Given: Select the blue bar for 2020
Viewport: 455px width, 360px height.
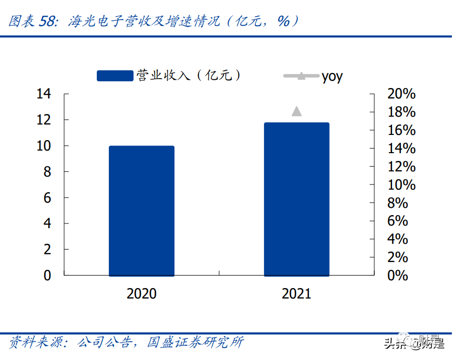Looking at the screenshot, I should (x=142, y=210).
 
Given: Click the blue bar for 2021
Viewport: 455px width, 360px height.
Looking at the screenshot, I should (x=297, y=199).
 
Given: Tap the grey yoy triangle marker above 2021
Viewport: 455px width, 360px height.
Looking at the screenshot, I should (x=297, y=111).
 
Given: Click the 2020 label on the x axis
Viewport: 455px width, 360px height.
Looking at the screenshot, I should (x=142, y=294).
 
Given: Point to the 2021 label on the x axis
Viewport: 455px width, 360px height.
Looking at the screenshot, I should (x=296, y=294).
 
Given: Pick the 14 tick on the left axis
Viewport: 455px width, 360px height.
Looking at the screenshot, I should (x=44, y=94).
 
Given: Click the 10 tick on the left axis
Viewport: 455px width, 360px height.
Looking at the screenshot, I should (x=44, y=146).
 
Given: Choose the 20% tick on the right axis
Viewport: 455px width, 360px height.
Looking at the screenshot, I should (x=401, y=94).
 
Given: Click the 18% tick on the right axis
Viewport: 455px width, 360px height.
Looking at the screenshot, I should (x=401, y=113).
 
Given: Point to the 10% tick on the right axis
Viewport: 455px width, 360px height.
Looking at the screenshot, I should (x=401, y=185).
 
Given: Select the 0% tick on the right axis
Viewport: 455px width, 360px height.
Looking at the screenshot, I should (x=398, y=275).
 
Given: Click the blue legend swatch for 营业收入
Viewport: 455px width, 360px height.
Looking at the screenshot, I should (x=115, y=76).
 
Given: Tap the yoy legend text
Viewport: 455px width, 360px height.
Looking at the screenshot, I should (x=332, y=77).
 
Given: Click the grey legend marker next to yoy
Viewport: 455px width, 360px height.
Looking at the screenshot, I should (x=301, y=76).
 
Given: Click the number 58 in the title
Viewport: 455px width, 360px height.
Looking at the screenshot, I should (x=48, y=21).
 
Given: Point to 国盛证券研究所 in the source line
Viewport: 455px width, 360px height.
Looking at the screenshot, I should (x=195, y=342).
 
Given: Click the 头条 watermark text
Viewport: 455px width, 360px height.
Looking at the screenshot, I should (x=394, y=344).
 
